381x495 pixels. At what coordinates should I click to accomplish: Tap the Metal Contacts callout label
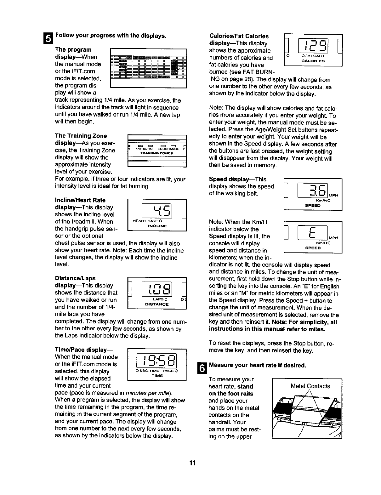click(x=310, y=386)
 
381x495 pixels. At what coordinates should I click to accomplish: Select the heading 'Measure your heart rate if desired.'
click(x=257, y=366)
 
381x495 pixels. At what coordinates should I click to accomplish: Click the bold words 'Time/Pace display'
click(x=83, y=350)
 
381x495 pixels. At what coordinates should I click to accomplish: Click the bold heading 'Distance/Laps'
click(x=75, y=278)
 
